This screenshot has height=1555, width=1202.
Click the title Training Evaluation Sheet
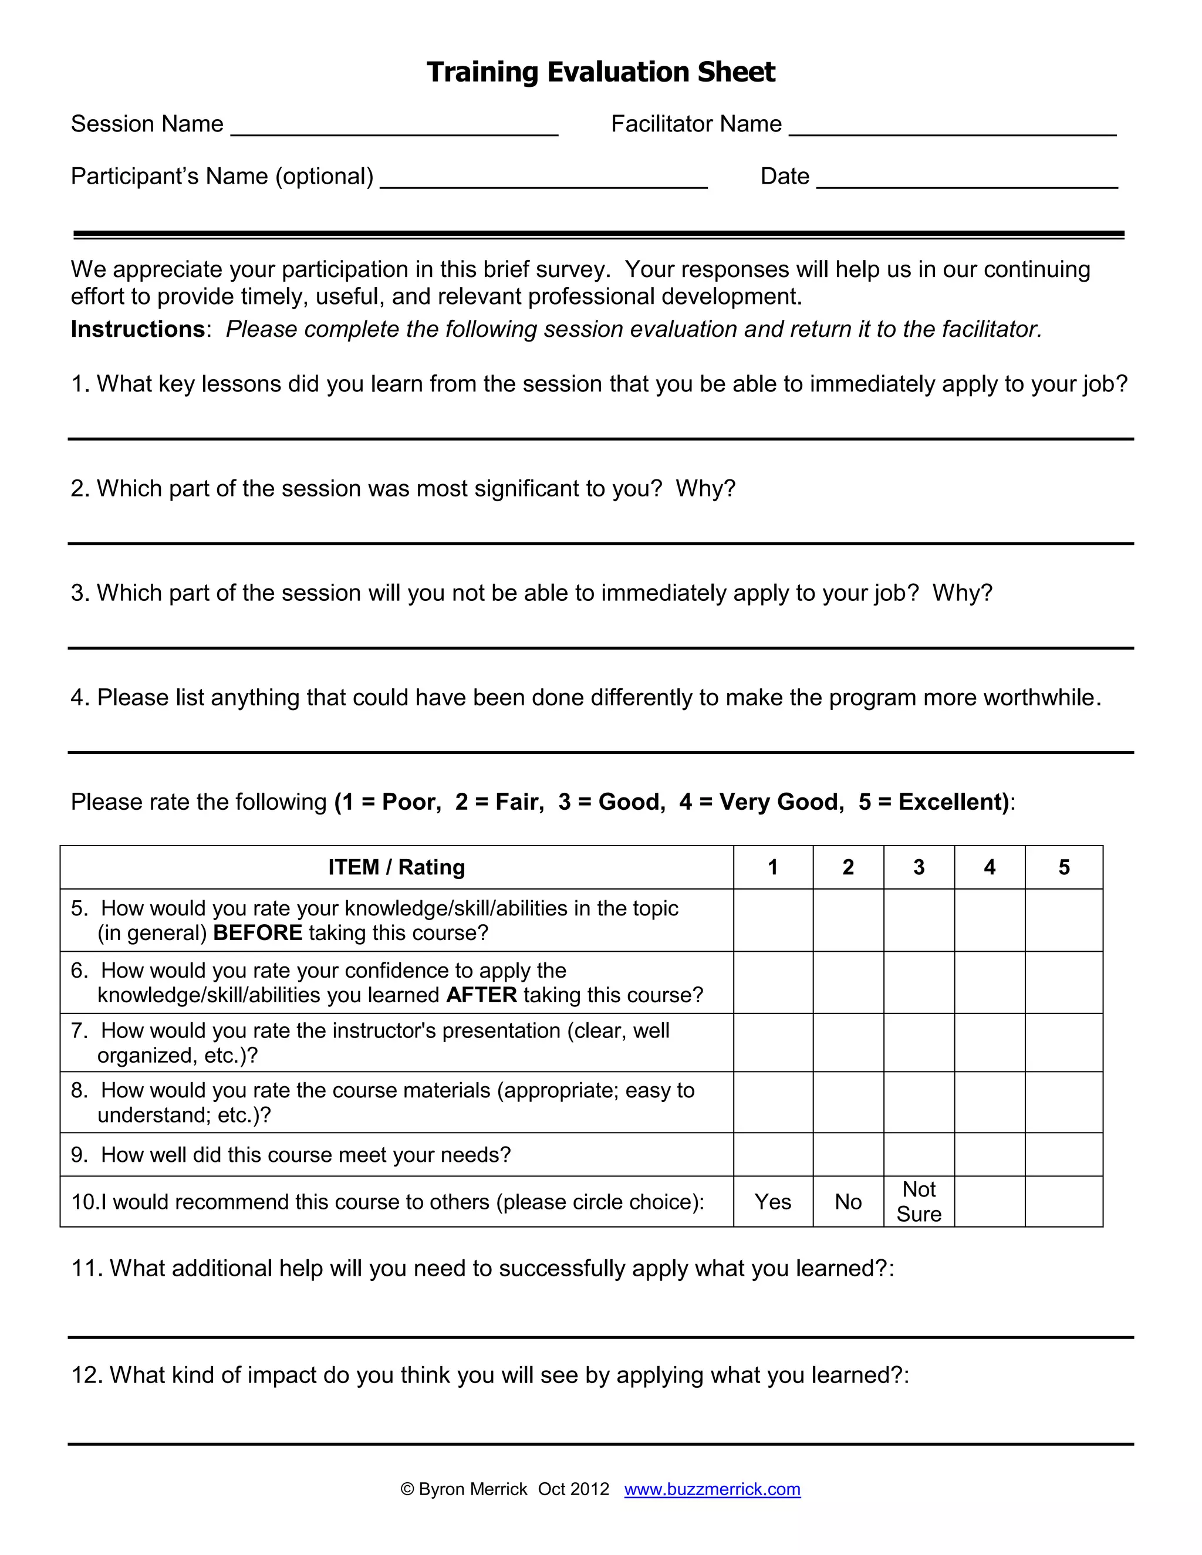pos(600,72)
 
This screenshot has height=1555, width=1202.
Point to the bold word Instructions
pos(138,329)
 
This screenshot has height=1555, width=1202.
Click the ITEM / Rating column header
pos(397,867)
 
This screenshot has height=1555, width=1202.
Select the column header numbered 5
pos(1064,867)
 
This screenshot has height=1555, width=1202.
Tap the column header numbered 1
pos(772,867)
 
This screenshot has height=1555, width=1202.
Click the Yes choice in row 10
pos(772,1202)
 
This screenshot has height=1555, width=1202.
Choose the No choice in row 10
pos(848,1202)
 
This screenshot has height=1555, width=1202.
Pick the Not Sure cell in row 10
pos(919,1202)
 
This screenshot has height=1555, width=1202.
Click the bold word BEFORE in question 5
pos(258,933)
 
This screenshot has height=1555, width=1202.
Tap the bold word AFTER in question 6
pos(481,995)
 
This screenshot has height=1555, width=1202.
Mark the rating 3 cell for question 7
pos(919,1042)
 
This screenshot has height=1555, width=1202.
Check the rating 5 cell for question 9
pos(1064,1154)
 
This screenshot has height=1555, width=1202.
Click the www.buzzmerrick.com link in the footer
pos(712,1489)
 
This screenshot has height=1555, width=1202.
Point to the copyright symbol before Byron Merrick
pos(407,1489)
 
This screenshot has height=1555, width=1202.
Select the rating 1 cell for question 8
pos(772,1102)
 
